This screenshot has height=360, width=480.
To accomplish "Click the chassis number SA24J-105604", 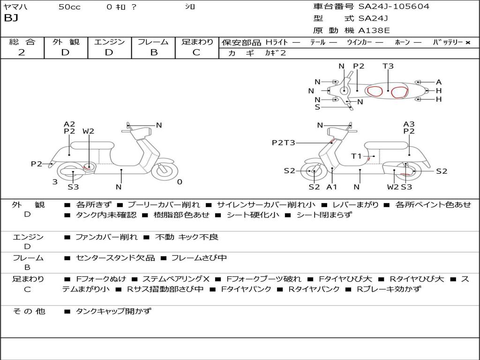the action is (x=394, y=7).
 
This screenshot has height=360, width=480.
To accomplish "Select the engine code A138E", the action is (x=374, y=31).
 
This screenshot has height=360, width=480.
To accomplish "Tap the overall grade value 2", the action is (x=22, y=52).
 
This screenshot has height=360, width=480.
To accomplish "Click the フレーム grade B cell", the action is (x=153, y=52).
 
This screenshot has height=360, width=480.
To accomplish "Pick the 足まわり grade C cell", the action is (x=196, y=52).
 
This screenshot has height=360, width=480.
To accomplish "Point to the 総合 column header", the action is (x=22, y=42).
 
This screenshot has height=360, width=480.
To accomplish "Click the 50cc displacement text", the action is (x=69, y=7).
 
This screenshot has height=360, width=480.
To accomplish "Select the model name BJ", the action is (x=10, y=19).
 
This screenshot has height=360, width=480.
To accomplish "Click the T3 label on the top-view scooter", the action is (x=388, y=66).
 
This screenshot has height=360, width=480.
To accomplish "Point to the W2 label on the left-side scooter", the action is (x=88, y=131).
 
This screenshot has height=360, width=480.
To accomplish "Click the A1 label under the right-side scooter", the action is (x=332, y=187).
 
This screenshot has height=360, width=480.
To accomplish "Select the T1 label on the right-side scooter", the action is (x=357, y=156).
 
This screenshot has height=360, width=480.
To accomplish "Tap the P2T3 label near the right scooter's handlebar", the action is (x=284, y=142).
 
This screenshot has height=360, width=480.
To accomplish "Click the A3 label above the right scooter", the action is (x=409, y=124).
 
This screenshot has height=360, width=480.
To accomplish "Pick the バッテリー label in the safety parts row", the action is (x=448, y=42).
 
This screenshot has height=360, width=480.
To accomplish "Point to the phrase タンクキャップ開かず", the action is (x=113, y=311).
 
